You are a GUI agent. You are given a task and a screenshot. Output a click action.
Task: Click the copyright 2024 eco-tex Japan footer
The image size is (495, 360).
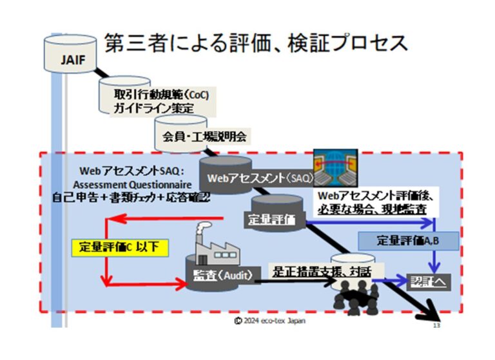pyautogui.click(x=270, y=321)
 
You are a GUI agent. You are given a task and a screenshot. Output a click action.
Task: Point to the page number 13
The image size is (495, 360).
pyautogui.click(x=436, y=328)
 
